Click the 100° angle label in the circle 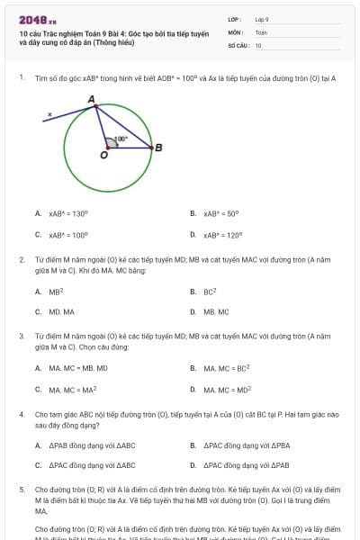121,139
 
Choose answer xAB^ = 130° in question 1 68,214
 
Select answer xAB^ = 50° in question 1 220,214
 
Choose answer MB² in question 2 56,292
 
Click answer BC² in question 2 210,292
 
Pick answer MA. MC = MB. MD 77,368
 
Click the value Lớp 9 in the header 262,19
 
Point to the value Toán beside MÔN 261,31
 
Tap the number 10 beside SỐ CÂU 258,45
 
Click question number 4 22,414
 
